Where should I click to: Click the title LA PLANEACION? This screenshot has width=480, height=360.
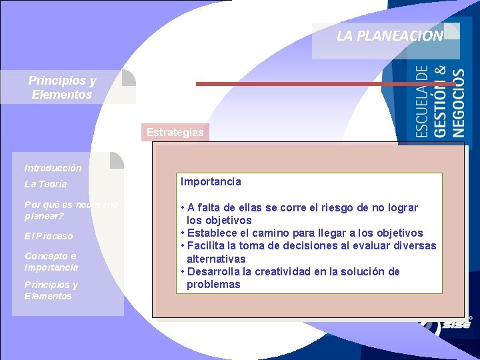[389, 36]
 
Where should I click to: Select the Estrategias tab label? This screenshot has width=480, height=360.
[175, 132]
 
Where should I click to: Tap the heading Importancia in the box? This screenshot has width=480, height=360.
[211, 181]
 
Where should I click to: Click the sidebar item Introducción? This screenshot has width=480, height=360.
[53, 168]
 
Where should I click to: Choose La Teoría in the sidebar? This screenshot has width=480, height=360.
[45, 184]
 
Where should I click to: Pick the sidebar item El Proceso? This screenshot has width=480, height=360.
[49, 236]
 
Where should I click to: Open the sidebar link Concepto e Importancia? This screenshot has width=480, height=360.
[51, 261]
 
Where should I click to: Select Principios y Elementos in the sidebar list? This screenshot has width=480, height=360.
[51, 290]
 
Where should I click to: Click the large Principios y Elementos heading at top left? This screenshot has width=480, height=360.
[62, 87]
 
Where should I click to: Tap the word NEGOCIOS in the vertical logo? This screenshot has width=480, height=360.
[459, 103]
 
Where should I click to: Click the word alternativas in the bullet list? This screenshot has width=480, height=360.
[216, 259]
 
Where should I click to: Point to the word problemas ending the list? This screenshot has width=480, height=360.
[213, 284]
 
